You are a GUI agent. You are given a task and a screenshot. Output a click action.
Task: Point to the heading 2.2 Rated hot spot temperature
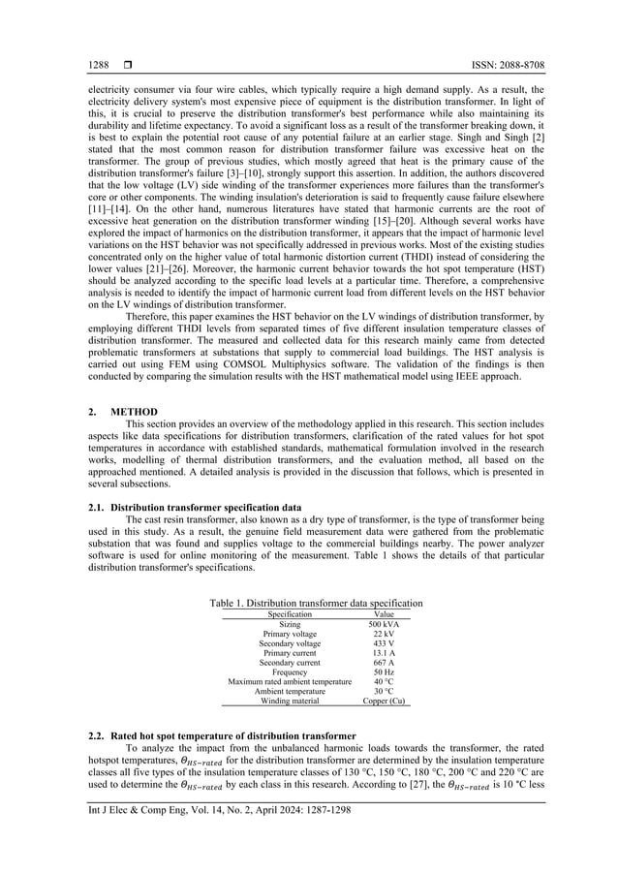pos(222,737)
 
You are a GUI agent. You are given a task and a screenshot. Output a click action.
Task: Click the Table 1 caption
pos(316,603)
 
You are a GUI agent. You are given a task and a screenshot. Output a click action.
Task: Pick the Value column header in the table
pos(384,613)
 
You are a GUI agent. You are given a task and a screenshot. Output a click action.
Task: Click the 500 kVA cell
pos(384,625)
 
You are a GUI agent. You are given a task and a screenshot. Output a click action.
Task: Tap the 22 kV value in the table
pos(384,635)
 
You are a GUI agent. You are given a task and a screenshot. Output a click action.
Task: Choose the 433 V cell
pos(384,643)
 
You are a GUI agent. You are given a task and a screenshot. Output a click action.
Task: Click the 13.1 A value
pos(384,653)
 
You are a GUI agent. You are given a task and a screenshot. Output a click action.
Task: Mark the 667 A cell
pos(384,663)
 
